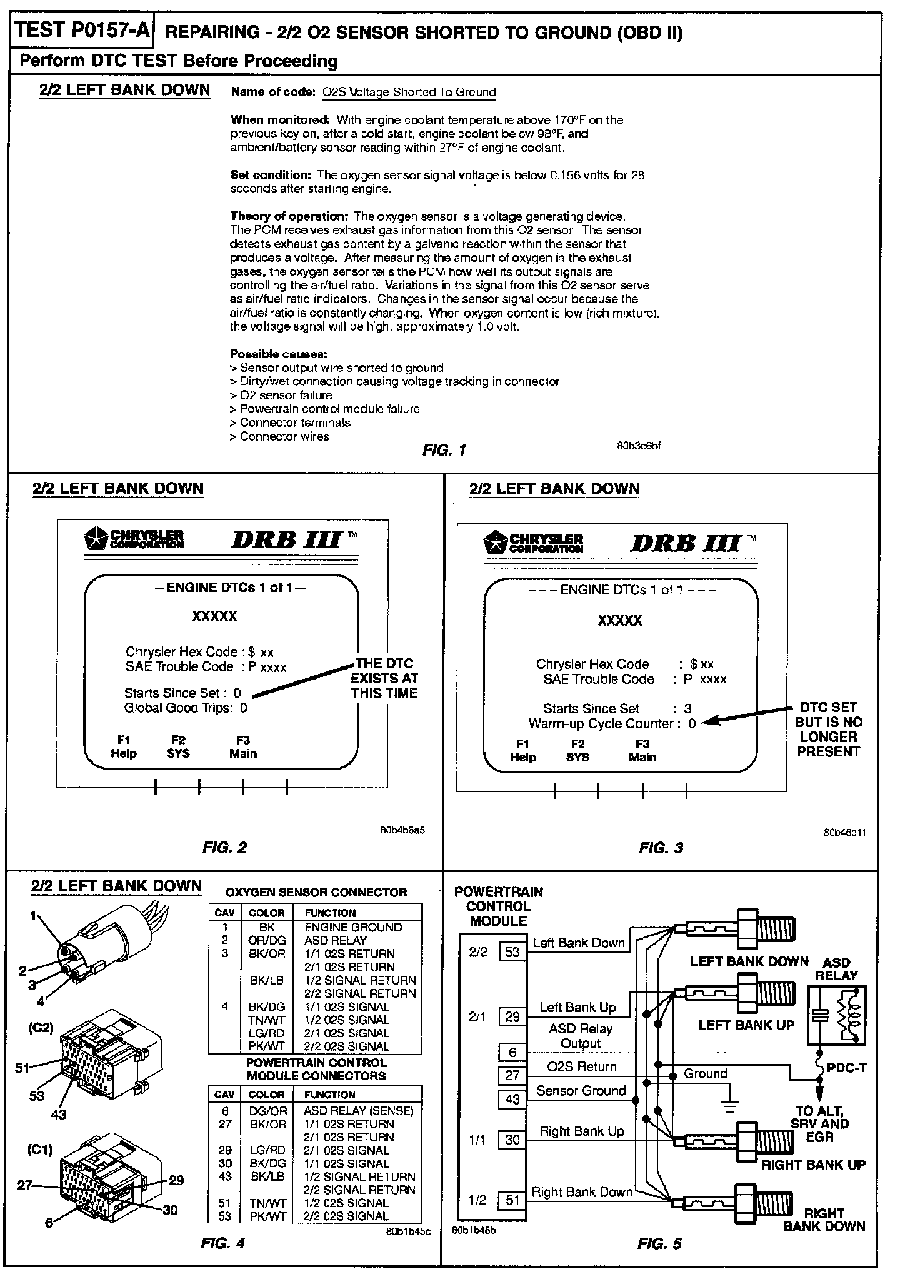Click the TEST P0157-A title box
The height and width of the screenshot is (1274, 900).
pyautogui.click(x=81, y=31)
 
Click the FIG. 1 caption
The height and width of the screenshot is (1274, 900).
pyautogui.click(x=444, y=450)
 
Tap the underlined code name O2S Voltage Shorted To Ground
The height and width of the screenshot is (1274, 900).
pyautogui.click(x=409, y=93)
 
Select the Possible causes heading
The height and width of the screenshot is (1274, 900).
pyautogui.click(x=279, y=354)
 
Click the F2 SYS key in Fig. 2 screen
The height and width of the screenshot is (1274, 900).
pyautogui.click(x=178, y=747)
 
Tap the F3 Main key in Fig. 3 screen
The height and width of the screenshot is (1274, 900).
pyautogui.click(x=642, y=750)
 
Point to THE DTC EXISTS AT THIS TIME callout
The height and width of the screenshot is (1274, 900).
pyautogui.click(x=384, y=678)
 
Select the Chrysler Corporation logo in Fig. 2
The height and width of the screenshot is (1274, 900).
pyautogui.click(x=134, y=539)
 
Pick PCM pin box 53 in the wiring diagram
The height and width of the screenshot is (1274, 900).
pyautogui.click(x=512, y=952)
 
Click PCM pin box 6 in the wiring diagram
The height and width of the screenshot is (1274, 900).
pyautogui.click(x=512, y=1053)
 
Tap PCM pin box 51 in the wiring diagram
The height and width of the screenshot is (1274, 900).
pyautogui.click(x=512, y=1200)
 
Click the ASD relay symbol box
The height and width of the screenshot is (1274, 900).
pyautogui.click(x=837, y=1016)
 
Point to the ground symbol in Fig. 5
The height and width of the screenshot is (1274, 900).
pyautogui.click(x=729, y=1108)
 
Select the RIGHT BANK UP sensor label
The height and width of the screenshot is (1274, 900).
pyautogui.click(x=813, y=1165)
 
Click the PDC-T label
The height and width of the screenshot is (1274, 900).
pyautogui.click(x=847, y=1067)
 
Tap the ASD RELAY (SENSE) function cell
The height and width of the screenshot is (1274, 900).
pyautogui.click(x=359, y=1111)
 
